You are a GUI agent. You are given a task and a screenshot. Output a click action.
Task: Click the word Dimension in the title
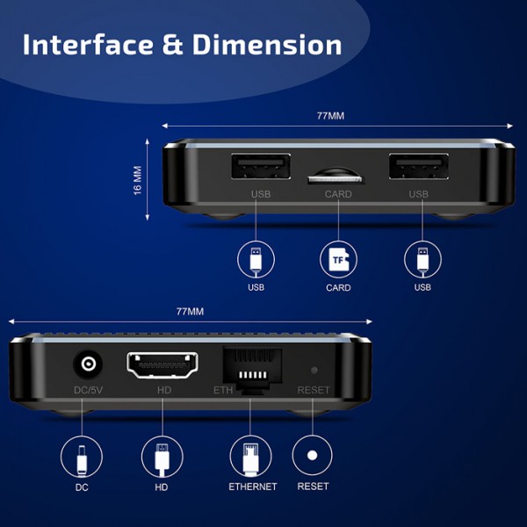[256, 44]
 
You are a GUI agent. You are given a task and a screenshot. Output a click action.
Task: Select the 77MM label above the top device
[330, 116]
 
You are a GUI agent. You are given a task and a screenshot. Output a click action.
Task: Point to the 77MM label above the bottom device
[190, 311]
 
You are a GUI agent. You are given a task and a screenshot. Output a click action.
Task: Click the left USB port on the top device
[260, 167]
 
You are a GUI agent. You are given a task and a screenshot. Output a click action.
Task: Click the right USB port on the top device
[419, 167]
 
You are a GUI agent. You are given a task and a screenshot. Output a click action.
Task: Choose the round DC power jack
[88, 364]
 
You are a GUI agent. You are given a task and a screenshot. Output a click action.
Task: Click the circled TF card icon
[337, 259]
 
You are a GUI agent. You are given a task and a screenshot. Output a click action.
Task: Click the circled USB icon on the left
[256, 259]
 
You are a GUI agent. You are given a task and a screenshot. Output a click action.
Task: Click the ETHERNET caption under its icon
[252, 487]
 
